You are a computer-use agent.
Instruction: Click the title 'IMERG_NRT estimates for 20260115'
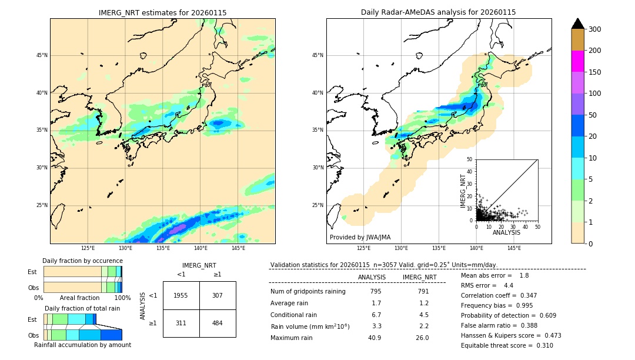(x=162, y=12)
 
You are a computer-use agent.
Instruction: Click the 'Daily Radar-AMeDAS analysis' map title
(x=438, y=12)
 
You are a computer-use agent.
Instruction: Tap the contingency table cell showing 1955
(x=181, y=295)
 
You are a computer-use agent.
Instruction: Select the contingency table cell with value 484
(x=218, y=323)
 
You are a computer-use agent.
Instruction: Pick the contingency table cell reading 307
(x=218, y=295)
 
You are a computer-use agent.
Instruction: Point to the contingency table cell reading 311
(x=181, y=323)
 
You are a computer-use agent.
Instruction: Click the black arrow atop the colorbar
(x=578, y=24)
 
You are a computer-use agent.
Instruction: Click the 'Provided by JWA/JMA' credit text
(x=360, y=238)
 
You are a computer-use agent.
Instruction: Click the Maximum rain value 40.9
(x=375, y=338)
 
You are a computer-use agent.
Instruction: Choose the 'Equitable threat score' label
(x=497, y=345)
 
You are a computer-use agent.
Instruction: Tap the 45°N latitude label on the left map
(x=41, y=55)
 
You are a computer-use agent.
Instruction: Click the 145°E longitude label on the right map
(x=513, y=248)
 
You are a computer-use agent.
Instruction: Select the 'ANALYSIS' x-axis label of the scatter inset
(x=506, y=232)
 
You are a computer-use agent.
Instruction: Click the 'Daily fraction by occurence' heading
(x=81, y=261)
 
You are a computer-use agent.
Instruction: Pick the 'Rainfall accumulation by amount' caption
(x=82, y=345)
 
